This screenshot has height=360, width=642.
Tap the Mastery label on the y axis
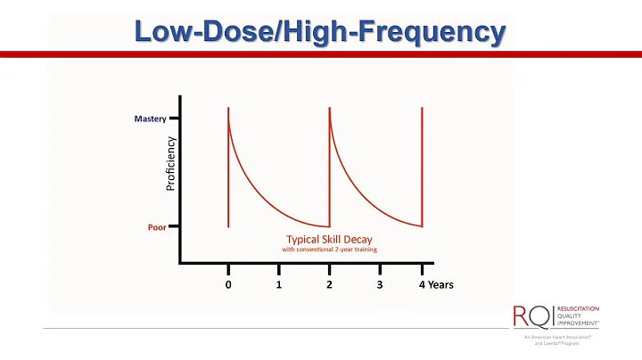tap(151, 119)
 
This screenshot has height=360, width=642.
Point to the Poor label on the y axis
tap(157, 227)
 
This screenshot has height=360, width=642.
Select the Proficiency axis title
tap(171, 163)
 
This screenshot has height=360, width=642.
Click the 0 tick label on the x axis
tap(228, 284)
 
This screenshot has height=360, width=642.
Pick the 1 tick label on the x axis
tap(279, 284)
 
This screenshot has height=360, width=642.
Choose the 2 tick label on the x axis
tap(329, 284)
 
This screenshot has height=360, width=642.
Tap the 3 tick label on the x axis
tap(380, 284)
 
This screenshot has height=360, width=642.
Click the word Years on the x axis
tap(440, 284)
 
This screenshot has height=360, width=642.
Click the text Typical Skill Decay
tap(329, 239)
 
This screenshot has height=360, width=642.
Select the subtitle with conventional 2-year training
tap(329, 250)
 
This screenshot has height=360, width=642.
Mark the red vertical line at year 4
tap(422, 169)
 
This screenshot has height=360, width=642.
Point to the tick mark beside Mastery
tap(175, 119)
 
